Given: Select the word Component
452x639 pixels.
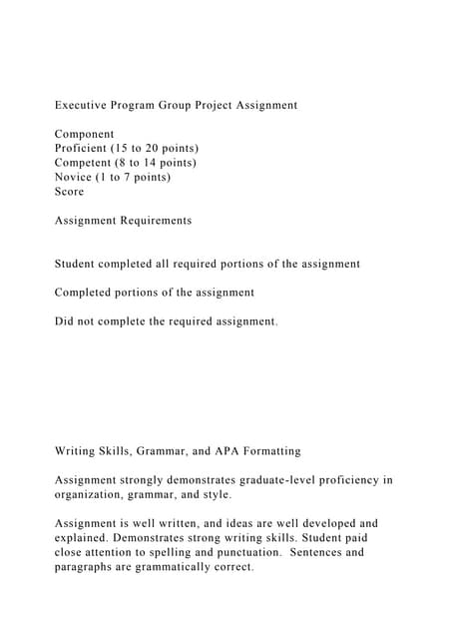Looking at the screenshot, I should point(84,134).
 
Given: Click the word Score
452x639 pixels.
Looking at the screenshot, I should point(69,192).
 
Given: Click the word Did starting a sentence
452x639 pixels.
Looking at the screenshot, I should point(66,321).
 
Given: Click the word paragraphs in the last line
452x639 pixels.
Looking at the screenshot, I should point(90,567).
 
